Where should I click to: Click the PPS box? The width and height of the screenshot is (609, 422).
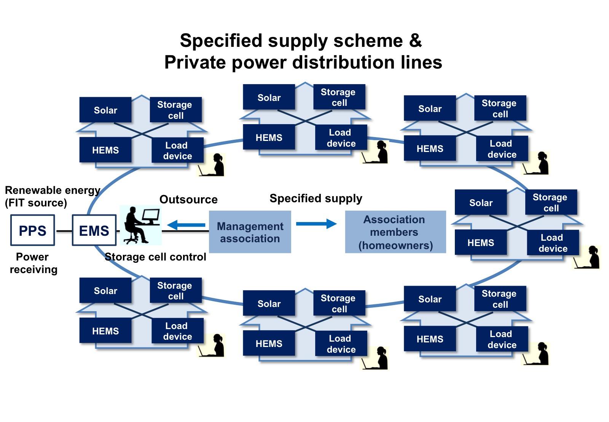click(x=32, y=230)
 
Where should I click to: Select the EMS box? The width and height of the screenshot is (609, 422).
click(x=94, y=230)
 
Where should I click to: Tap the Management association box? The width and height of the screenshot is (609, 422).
click(x=250, y=232)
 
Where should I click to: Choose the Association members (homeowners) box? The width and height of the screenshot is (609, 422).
click(x=395, y=232)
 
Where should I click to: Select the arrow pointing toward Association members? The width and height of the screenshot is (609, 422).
click(x=316, y=224)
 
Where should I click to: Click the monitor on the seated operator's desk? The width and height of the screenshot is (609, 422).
click(x=151, y=216)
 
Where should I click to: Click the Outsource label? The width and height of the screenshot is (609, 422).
click(x=188, y=200)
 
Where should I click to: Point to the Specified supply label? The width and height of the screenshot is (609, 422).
click(x=316, y=198)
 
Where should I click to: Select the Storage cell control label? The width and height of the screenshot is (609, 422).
click(x=155, y=257)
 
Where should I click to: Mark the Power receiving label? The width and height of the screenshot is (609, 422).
click(x=33, y=263)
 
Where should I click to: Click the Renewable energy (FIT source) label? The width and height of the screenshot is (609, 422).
click(x=53, y=197)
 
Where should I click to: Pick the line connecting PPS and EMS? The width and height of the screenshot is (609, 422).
click(x=63, y=231)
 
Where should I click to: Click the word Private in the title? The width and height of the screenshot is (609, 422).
click(x=195, y=62)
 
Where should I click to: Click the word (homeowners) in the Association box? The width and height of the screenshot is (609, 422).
click(x=395, y=245)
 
